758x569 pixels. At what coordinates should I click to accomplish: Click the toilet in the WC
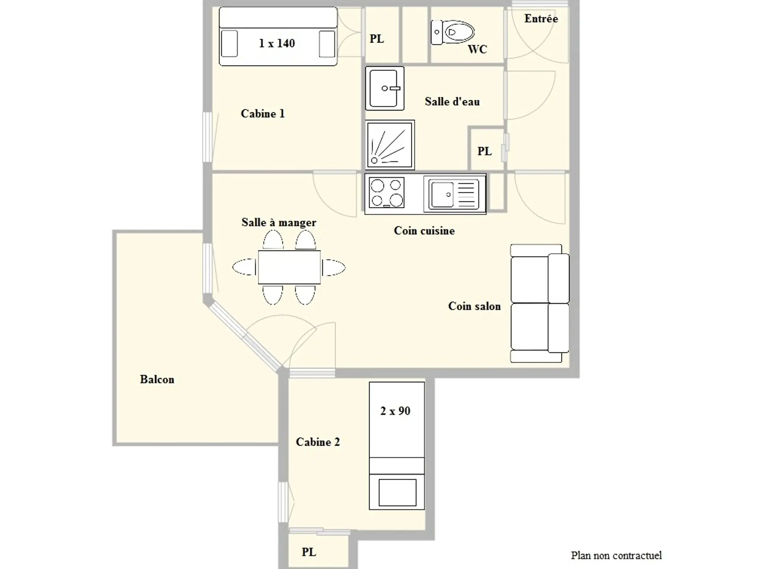[x=453, y=32]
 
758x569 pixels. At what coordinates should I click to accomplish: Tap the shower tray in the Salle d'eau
[x=390, y=144]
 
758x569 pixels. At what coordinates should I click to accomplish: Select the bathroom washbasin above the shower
[x=385, y=88]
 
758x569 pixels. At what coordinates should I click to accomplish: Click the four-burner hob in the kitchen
[x=386, y=193]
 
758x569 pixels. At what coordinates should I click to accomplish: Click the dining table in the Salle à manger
[x=289, y=267]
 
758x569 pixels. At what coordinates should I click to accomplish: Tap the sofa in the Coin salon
[x=540, y=303]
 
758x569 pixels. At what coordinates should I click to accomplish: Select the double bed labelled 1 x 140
[x=278, y=36]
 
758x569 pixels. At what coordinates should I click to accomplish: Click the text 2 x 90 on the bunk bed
[x=395, y=411]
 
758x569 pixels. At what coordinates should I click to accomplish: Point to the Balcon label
[x=157, y=379]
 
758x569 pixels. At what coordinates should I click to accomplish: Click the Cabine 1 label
[x=263, y=113]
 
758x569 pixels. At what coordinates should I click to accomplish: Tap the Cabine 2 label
[x=318, y=442]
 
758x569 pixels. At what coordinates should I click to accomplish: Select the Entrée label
[x=541, y=18]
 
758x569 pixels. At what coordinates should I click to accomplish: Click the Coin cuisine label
[x=424, y=230]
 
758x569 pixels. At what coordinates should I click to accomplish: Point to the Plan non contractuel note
[x=616, y=555]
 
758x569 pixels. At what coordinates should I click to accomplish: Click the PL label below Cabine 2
[x=309, y=552]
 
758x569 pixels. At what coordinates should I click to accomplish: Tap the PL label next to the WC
[x=377, y=39]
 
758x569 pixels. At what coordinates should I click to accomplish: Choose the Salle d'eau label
[x=452, y=102]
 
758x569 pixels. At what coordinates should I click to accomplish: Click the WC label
[x=477, y=49]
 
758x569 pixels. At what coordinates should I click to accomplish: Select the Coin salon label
[x=474, y=306]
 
